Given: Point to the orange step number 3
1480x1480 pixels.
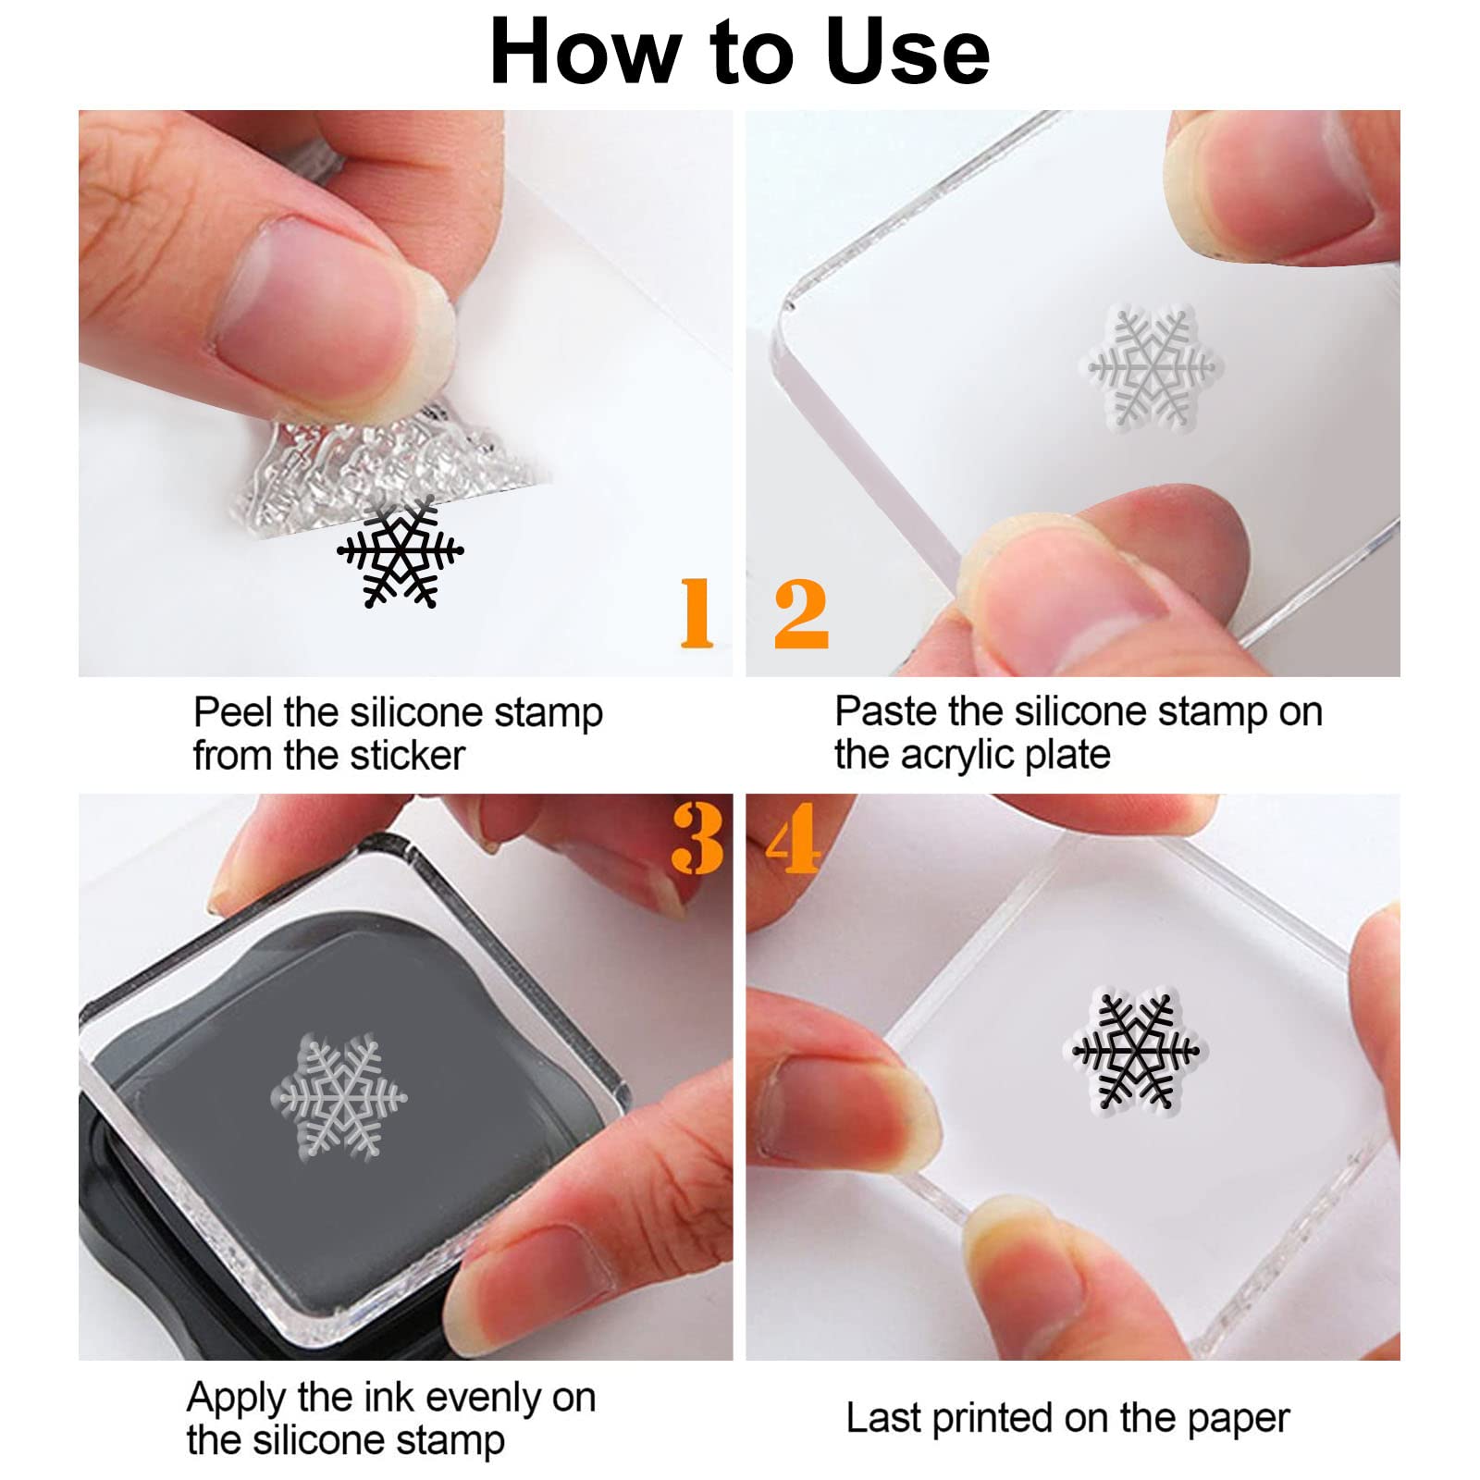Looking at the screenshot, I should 697,838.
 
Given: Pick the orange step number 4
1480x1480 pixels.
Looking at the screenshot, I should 794,838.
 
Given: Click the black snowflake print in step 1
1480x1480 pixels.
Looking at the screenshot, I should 400,552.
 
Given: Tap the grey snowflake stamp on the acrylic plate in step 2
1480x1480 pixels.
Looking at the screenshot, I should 1151,367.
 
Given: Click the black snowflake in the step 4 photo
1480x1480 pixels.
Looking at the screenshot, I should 1135,1051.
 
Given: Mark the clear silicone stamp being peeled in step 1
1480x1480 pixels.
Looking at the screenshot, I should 370,462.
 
